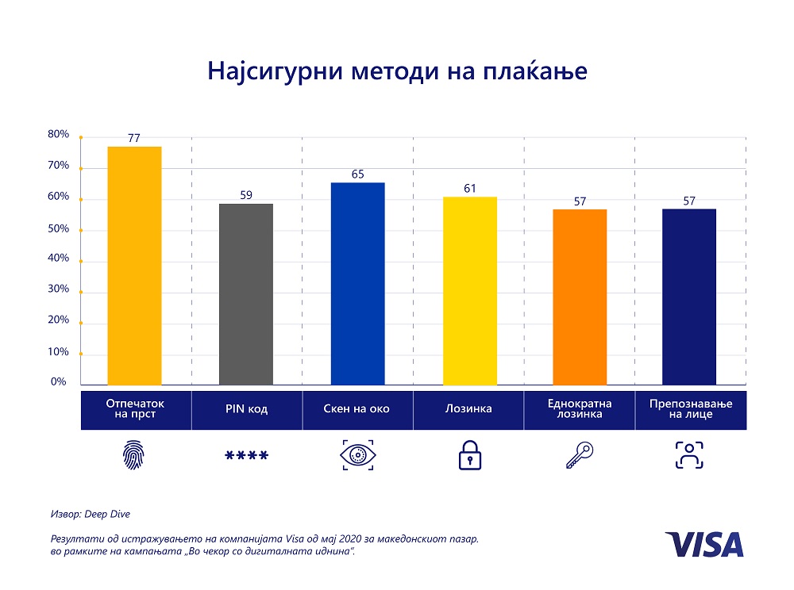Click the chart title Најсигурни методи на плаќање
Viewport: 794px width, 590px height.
click(x=397, y=71)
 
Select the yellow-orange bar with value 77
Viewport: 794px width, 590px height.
click(x=134, y=266)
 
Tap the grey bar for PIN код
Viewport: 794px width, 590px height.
click(x=246, y=294)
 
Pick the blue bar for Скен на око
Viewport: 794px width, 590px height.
click(x=357, y=284)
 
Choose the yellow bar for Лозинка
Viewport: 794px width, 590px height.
click(x=468, y=290)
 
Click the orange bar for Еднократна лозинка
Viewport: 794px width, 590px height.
click(x=580, y=297)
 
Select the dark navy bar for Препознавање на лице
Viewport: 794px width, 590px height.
click(x=689, y=297)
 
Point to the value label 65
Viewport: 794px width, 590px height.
click(x=357, y=174)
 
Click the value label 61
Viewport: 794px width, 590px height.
click(x=469, y=188)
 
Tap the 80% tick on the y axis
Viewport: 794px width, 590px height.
click(x=59, y=135)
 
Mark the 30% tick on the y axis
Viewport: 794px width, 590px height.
click(x=59, y=290)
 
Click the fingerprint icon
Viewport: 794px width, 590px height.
click(x=135, y=456)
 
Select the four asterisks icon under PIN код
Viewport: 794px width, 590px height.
click(x=246, y=456)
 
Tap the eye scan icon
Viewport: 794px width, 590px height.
click(x=357, y=456)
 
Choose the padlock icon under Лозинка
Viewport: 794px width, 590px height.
click(x=469, y=456)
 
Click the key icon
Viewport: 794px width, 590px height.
click(x=579, y=456)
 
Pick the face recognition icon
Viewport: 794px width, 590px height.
click(x=689, y=456)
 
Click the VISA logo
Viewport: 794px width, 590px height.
click(x=704, y=545)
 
